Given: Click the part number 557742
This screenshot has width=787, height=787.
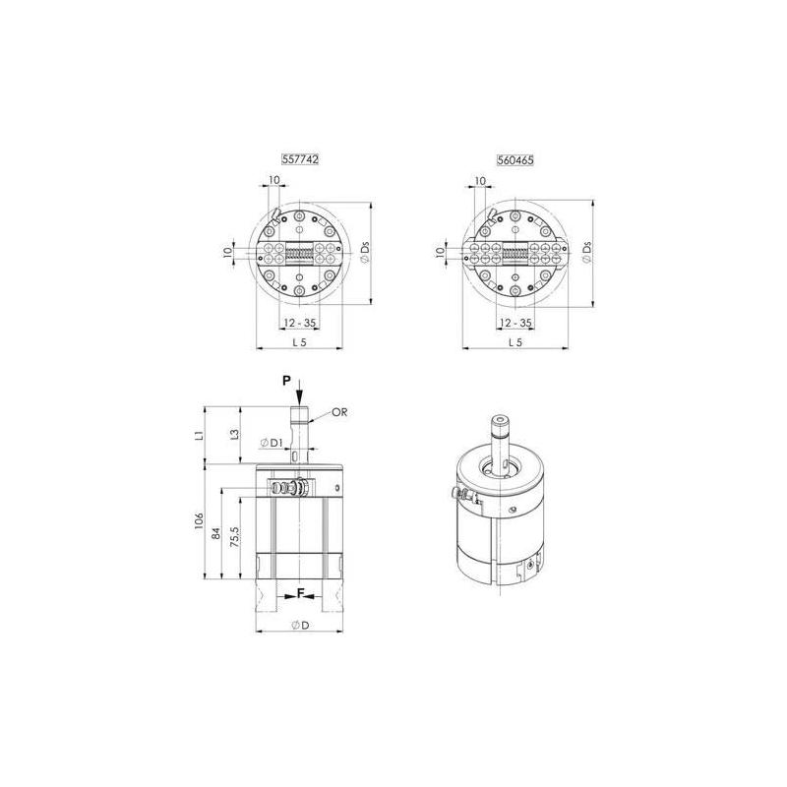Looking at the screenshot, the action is click(x=300, y=159).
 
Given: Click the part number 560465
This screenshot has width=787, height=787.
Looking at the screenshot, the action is click(x=515, y=160).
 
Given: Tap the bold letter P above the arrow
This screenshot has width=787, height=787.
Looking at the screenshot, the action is click(x=286, y=381).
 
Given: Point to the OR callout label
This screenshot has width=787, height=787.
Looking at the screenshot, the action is click(x=339, y=412).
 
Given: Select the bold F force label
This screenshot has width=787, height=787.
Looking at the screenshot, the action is click(x=301, y=594).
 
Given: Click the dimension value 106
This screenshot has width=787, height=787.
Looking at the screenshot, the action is click(x=200, y=520).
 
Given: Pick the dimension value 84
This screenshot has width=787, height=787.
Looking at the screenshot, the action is click(x=215, y=533).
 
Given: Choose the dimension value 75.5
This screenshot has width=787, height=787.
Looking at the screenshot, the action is click(x=234, y=536).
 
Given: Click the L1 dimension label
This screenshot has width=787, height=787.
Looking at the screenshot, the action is click(x=200, y=435).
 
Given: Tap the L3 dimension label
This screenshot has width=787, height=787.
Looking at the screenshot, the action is click(x=234, y=434).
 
